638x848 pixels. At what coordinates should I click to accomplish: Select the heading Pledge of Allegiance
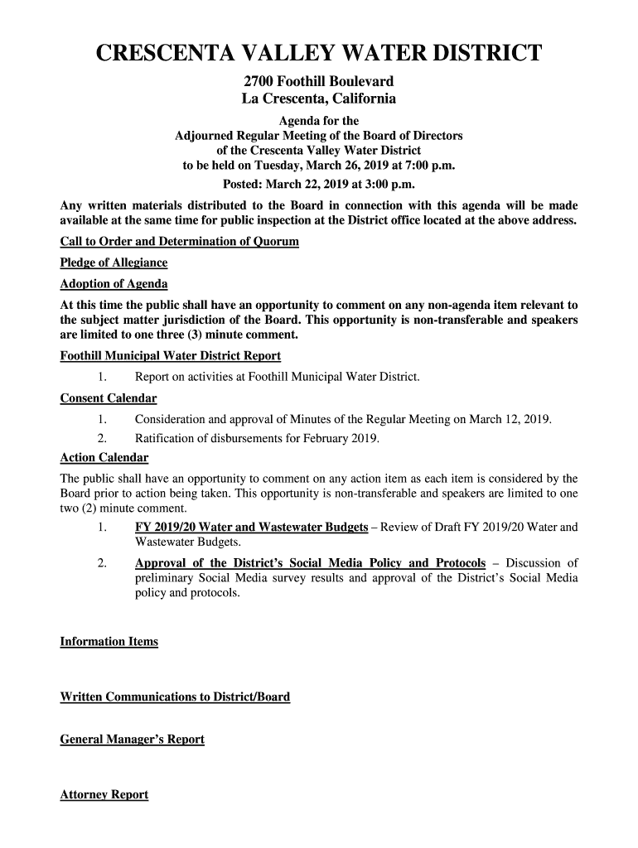[114, 263]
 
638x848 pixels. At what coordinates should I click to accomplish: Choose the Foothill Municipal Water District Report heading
[170, 356]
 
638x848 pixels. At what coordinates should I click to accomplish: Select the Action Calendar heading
[104, 458]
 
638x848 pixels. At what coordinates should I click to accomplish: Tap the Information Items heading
[109, 642]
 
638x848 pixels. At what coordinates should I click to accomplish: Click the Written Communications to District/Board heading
[175, 696]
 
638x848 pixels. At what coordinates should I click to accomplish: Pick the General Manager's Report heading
[132, 739]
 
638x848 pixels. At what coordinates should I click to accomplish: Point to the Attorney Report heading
[104, 794]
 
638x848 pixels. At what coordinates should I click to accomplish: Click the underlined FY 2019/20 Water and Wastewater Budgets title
[251, 528]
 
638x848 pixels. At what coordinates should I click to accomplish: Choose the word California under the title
[353, 99]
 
